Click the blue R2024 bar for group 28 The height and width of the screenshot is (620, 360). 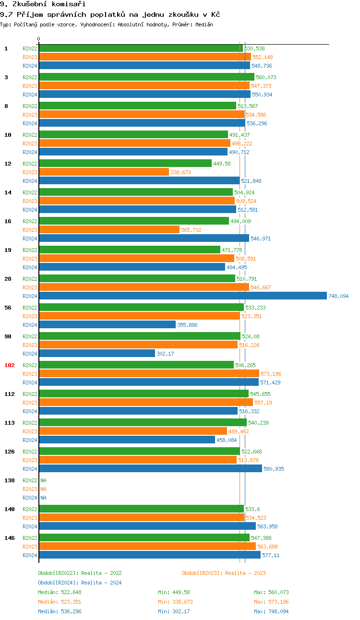click(182, 296)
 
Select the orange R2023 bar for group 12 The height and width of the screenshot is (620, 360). click(104, 172)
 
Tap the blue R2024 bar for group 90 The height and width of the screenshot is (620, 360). click(97, 354)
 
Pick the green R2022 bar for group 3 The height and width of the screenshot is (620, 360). click(146, 77)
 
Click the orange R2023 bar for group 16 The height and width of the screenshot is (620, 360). click(109, 229)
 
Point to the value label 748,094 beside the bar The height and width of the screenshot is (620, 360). click(338, 296)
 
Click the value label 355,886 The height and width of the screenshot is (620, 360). click(187, 325)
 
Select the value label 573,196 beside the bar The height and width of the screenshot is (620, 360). click(271, 374)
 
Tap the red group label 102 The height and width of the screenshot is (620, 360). click(10, 365)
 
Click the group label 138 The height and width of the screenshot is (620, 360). click(10, 480)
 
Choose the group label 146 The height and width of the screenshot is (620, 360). click(10, 538)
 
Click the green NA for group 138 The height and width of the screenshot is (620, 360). click(43, 480)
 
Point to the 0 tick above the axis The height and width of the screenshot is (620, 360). click(39, 39)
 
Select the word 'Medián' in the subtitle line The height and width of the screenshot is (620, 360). click(204, 24)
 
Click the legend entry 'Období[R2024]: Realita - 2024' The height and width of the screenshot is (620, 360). click(80, 583)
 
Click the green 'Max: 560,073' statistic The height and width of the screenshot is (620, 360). click(271, 592)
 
